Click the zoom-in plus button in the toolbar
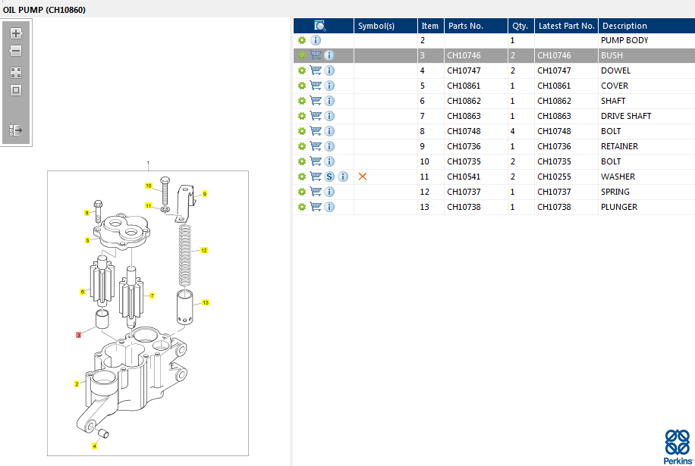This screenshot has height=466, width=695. [x=16, y=33]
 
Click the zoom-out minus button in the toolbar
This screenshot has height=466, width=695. [x=16, y=51]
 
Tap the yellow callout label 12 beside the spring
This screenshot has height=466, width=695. [x=204, y=251]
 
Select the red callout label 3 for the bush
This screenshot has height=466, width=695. [x=78, y=335]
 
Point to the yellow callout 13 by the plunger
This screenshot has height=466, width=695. [x=205, y=302]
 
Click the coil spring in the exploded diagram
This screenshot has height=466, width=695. [x=185, y=255]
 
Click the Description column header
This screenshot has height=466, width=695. [x=624, y=26]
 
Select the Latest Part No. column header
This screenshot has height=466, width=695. [x=567, y=26]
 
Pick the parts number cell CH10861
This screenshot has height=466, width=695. [x=464, y=86]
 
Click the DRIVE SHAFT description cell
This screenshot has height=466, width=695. [x=626, y=116]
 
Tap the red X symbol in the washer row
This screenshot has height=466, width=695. [x=363, y=177]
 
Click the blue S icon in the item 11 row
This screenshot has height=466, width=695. [x=329, y=177]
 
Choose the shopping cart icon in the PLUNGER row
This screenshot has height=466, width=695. [x=316, y=207]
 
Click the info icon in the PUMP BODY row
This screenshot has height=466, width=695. [x=316, y=40]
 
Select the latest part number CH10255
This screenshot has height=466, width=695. [x=554, y=177]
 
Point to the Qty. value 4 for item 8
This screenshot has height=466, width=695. [x=512, y=131]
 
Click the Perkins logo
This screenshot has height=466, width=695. [x=678, y=446]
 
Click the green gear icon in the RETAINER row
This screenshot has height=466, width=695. [x=302, y=146]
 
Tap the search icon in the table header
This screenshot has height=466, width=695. [x=319, y=26]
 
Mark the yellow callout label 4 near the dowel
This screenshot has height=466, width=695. [x=94, y=446]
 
